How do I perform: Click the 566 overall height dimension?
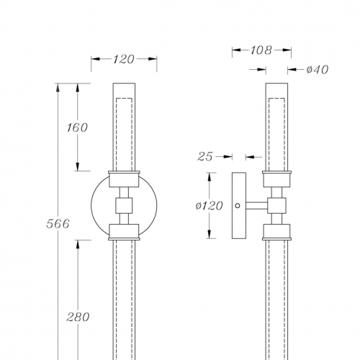click(x=58, y=224)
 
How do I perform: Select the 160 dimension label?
click(x=77, y=127)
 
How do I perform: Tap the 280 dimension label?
click(x=78, y=317)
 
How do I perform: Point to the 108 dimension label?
click(x=261, y=50)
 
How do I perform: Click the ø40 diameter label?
click(x=318, y=70)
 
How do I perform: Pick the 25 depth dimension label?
click(x=205, y=157)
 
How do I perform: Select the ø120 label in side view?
click(x=210, y=206)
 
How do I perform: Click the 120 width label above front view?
click(x=124, y=59)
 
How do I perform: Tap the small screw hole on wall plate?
click(x=238, y=206)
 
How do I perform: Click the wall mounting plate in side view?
click(x=239, y=206)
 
